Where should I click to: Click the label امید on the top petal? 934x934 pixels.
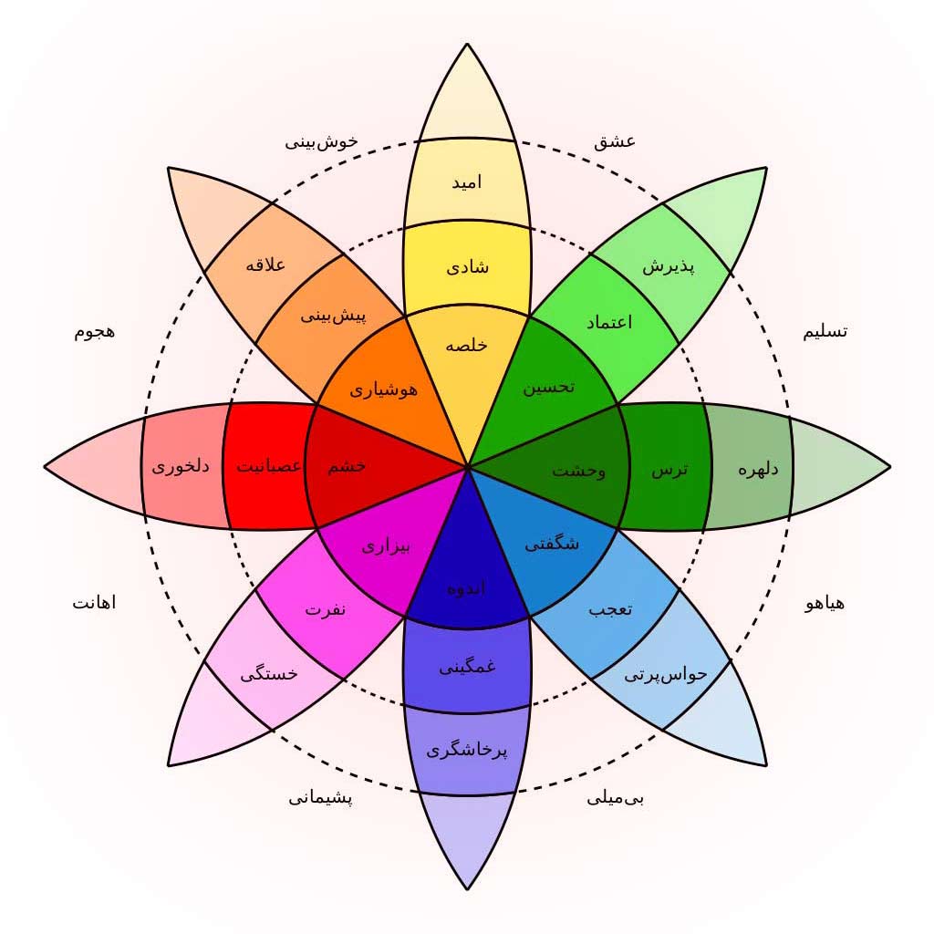[x=467, y=182]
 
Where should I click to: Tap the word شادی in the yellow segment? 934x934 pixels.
[x=467, y=266]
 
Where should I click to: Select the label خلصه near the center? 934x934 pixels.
[x=467, y=346]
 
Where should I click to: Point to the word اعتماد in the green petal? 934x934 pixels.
[x=605, y=321]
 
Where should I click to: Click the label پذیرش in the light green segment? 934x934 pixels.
[x=669, y=266]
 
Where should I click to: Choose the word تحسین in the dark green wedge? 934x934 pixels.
[x=548, y=387]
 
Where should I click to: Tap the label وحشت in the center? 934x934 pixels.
[x=578, y=471]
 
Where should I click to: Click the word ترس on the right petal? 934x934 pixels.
[x=669, y=470]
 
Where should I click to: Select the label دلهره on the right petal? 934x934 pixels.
[x=758, y=470]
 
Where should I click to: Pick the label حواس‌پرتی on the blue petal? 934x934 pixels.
[x=666, y=675]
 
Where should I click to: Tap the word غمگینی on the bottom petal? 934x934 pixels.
[x=467, y=667]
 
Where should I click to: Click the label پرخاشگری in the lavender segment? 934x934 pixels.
[x=467, y=751]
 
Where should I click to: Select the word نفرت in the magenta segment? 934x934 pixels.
[x=325, y=609]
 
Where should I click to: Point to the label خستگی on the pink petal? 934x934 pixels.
[x=268, y=675]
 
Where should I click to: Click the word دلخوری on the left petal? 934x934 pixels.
[x=180, y=466]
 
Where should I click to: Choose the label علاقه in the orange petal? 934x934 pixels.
[x=266, y=265]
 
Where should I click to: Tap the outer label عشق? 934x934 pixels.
[x=615, y=141]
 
